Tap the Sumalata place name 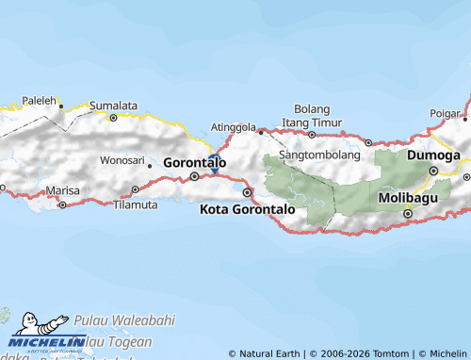click(x=114, y=106)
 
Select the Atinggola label click(x=234, y=126)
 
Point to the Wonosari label click(x=122, y=160)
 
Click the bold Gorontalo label click(x=195, y=162)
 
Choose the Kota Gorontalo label click(x=248, y=208)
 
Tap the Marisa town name click(x=63, y=190)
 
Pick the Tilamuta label click(x=134, y=204)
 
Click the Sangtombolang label click(x=320, y=154)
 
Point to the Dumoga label click(x=433, y=155)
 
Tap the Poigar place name click(x=444, y=113)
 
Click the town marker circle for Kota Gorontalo click(x=248, y=192)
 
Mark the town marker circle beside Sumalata click(x=114, y=118)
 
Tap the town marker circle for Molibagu click(x=409, y=213)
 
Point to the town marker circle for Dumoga click(x=434, y=171)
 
